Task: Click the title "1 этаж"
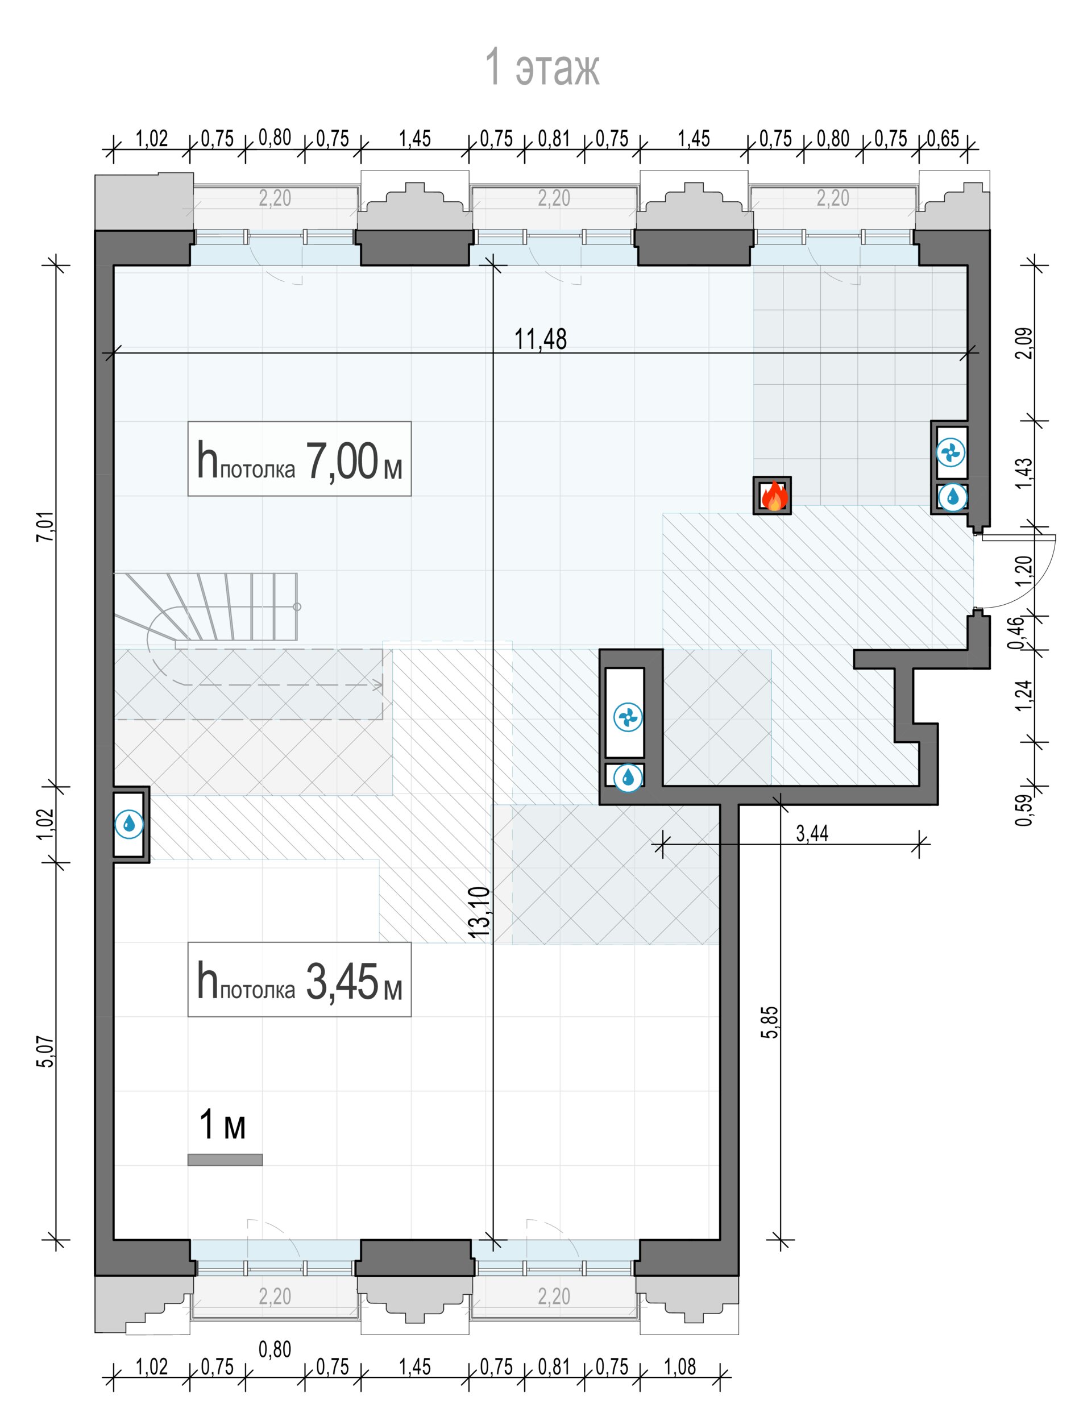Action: click(542, 67)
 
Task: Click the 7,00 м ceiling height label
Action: click(300, 459)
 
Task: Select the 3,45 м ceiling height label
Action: click(300, 980)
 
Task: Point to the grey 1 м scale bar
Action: click(225, 1160)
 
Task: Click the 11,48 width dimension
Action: click(541, 339)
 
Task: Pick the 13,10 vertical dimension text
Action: click(482, 912)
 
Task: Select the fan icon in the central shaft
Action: click(628, 717)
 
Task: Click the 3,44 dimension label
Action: click(812, 834)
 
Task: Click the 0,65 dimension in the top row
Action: click(943, 139)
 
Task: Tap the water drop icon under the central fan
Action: click(628, 778)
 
